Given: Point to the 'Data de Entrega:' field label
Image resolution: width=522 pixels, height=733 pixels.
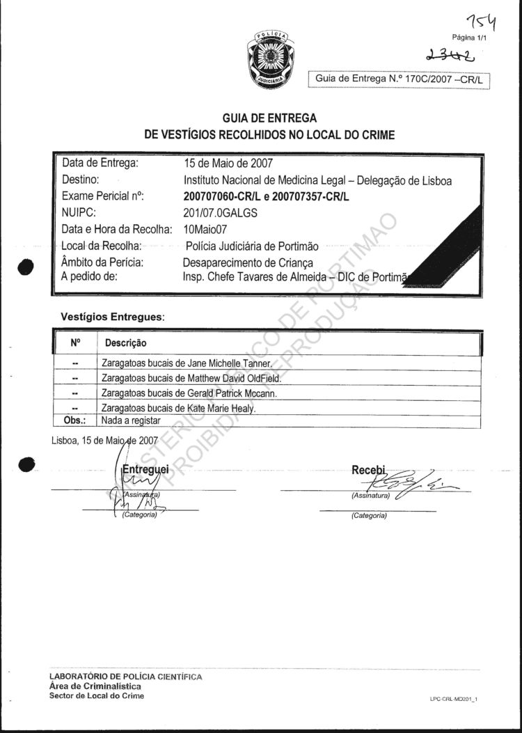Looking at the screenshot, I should pyautogui.click(x=100, y=164).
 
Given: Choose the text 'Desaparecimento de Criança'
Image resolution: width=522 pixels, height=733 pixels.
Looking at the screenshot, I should pyautogui.click(x=248, y=262).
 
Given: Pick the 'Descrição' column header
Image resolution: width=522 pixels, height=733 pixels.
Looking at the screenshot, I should pyautogui.click(x=125, y=343).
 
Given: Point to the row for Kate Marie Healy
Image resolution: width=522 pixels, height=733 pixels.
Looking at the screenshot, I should pyautogui.click(x=179, y=409).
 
